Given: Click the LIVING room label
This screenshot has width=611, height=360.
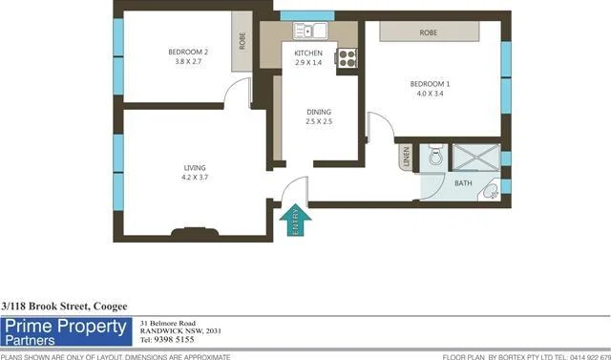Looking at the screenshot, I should pyautogui.click(x=194, y=168).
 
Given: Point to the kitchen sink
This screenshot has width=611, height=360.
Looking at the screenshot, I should pyautogui.click(x=310, y=31).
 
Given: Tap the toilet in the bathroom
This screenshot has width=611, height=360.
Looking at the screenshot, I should pyautogui.click(x=435, y=155).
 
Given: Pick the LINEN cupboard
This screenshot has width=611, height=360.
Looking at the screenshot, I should pyautogui.click(x=406, y=157).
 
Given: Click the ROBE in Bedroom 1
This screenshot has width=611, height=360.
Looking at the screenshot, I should pyautogui.click(x=428, y=32).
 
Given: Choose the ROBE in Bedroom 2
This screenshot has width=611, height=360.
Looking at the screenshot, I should pyautogui.click(x=242, y=42).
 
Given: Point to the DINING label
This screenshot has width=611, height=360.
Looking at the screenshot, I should pyautogui.click(x=318, y=112).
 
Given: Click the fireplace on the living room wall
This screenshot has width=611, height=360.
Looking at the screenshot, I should pyautogui.click(x=196, y=230).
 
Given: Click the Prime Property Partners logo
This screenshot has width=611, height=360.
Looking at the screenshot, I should pyautogui.click(x=66, y=332).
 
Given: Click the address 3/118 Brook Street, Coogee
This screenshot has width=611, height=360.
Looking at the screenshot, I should pyautogui.click(x=64, y=306).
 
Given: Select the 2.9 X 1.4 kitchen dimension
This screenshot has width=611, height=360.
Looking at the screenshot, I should pyautogui.click(x=308, y=62).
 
